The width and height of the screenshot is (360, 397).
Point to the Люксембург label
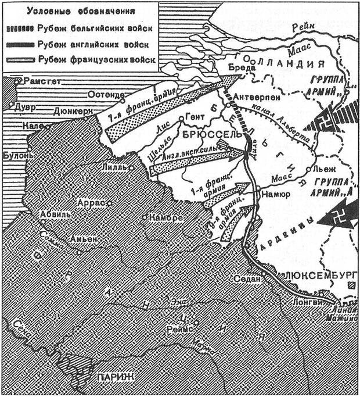click(313, 273)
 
